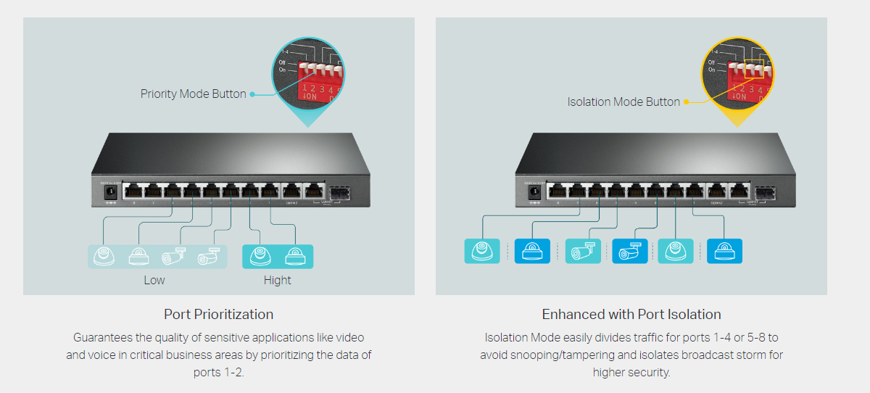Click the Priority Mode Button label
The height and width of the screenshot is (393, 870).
[193, 94]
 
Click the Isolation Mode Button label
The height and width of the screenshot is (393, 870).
[623, 102]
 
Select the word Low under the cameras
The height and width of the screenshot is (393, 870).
[154, 280]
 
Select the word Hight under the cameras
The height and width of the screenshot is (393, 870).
[277, 280]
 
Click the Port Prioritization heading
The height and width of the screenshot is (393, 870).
[218, 314]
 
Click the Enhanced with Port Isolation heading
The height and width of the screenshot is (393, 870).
[631, 314]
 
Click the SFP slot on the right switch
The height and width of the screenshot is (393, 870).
[764, 193]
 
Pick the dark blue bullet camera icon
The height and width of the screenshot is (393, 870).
[630, 251]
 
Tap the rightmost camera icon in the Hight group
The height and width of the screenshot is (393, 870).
[295, 256]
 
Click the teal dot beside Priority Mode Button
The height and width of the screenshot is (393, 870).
[252, 94]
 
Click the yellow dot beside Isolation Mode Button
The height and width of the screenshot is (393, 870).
[685, 102]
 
